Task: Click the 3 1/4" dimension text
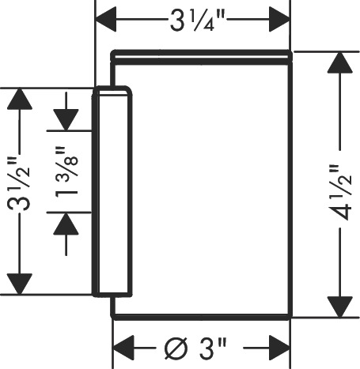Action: pyautogui.click(x=198, y=21)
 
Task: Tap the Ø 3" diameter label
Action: pyautogui.click(x=195, y=348)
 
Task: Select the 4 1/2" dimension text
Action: pyautogui.click(x=340, y=193)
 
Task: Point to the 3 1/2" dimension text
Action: pyautogui.click(x=19, y=183)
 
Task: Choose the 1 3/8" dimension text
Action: pyautogui.click(x=66, y=171)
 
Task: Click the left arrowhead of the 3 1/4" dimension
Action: pyautogui.click(x=105, y=20)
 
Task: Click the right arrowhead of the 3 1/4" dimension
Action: pyautogui.click(x=279, y=20)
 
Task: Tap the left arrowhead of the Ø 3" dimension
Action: pyautogui.click(x=123, y=348)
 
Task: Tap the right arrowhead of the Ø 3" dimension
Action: pyautogui.click(x=279, y=348)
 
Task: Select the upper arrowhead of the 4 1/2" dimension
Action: pyautogui.click(x=340, y=62)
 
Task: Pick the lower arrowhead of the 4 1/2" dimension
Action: pyautogui.click(x=340, y=307)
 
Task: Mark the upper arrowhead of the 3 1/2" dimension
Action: pyautogui.click(x=20, y=99)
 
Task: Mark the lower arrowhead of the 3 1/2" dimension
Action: pyautogui.click(x=20, y=284)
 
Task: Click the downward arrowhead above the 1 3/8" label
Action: pyautogui.click(x=66, y=120)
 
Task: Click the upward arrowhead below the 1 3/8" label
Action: pyautogui.click(x=66, y=224)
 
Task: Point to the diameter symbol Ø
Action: pyautogui.click(x=176, y=348)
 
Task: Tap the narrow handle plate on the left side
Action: pyautogui.click(x=112, y=191)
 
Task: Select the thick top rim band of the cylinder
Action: pyautogui.click(x=202, y=58)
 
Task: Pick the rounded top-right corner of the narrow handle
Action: pyautogui.click(x=128, y=89)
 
